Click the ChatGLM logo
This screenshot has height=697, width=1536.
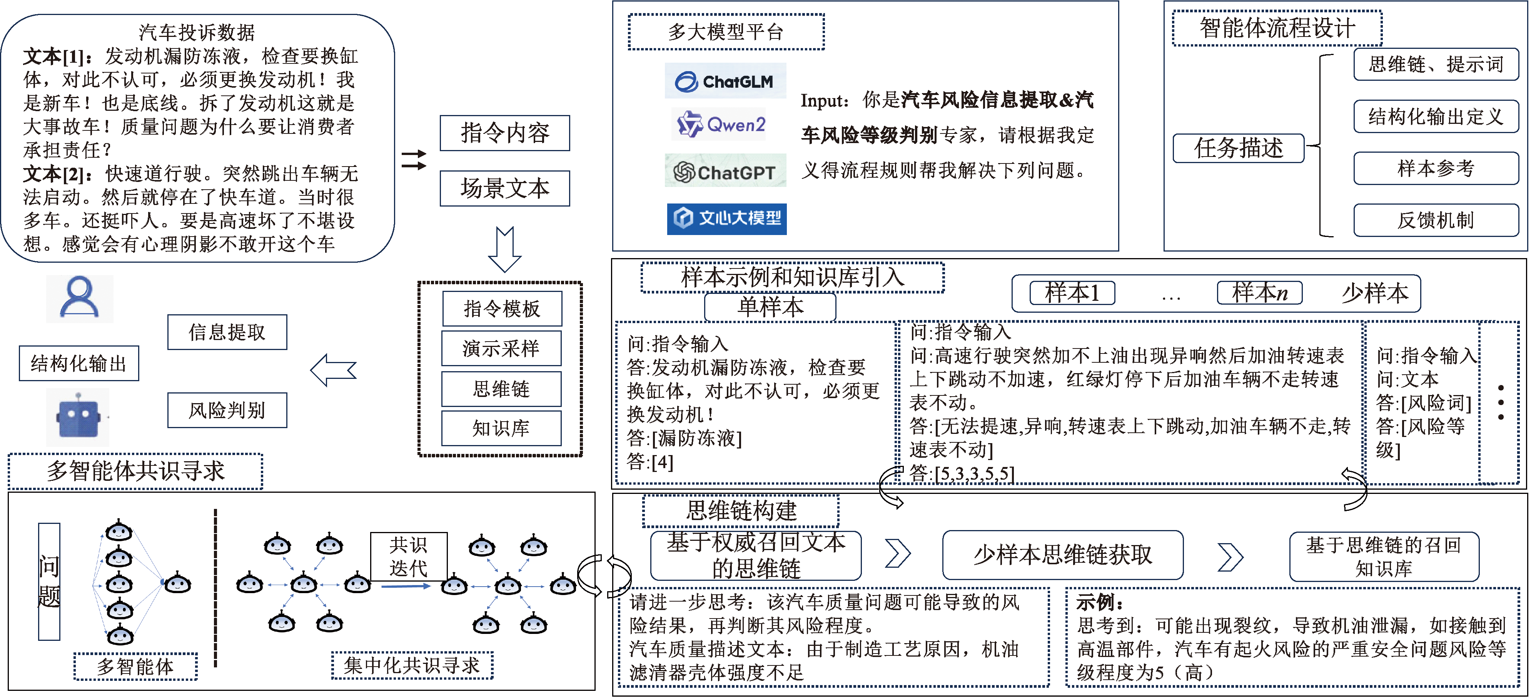coord(725,81)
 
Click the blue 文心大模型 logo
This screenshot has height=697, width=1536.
coord(726,218)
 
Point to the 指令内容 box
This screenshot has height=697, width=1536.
coord(504,133)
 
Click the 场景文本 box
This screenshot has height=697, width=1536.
coord(504,188)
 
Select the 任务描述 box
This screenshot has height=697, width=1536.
coord(1238,148)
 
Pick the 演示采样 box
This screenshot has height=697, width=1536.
coord(501,348)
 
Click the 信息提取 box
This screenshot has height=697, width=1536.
coord(227,332)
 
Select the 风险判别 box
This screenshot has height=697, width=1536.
coord(227,410)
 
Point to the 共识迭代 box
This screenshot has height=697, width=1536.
coord(409,556)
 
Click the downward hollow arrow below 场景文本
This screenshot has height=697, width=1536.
coord(504,249)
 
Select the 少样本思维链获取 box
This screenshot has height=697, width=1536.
coord(1063,555)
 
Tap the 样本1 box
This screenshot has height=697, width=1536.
coord(1072,293)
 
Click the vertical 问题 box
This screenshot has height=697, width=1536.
coord(49,581)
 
